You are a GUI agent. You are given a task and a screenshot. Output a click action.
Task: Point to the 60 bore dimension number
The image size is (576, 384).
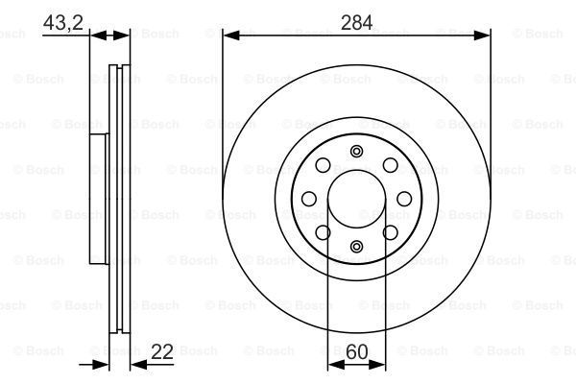[x=356, y=352]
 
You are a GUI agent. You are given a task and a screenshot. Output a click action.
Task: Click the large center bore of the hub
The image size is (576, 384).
[x=356, y=198]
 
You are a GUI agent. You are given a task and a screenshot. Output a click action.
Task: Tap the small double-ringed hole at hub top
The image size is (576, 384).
[x=356, y=150]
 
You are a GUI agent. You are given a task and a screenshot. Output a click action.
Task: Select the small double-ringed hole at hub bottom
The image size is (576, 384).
[x=356, y=247]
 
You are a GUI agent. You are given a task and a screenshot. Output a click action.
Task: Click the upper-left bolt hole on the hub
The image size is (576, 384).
[x=324, y=165]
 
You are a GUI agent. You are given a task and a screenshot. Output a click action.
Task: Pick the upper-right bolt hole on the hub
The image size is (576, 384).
[x=389, y=165]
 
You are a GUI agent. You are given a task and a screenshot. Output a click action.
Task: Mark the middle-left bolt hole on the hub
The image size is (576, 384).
[x=309, y=199]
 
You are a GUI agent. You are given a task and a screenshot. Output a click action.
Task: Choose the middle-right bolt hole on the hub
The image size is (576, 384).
[x=404, y=199]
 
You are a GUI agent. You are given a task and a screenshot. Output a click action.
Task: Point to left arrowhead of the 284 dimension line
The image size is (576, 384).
[x=228, y=35]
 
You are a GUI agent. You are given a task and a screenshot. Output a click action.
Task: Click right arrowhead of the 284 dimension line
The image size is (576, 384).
[x=484, y=35]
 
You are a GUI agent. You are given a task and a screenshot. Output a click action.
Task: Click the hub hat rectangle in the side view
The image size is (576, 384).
[x=97, y=199]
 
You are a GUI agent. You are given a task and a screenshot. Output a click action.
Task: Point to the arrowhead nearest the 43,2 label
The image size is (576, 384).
[x=96, y=35]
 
